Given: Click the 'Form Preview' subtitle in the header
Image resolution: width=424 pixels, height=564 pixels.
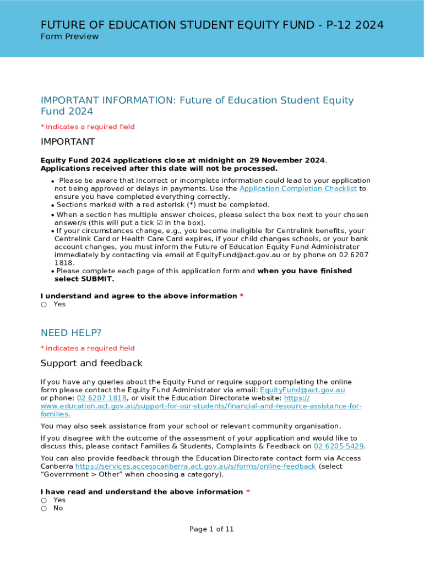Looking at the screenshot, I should point(69,37).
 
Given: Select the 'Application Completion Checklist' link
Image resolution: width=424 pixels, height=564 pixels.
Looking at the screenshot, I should point(298,189).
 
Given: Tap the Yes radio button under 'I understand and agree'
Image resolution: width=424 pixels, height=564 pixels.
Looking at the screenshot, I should point(44,305).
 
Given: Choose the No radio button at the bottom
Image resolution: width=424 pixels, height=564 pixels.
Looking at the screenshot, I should point(44,508).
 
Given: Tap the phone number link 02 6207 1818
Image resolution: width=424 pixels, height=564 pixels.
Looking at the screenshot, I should point(102,398).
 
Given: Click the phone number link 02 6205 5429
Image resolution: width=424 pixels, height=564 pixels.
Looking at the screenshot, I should point(339,446).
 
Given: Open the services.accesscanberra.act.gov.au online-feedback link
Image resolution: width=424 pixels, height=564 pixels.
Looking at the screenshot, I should point(195,467).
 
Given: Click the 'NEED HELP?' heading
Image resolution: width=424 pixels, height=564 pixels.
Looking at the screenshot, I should point(71,333).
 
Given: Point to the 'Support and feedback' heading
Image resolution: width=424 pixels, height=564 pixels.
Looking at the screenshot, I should point(91,363).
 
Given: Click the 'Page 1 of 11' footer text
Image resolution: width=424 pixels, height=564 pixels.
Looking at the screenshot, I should point(211,529).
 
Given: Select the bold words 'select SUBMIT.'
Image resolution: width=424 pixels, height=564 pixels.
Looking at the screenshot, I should point(84,279).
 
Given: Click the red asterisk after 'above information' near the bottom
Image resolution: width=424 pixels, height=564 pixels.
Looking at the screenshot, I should point(248,492).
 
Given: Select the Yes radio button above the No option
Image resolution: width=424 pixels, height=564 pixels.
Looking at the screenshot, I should point(44,500).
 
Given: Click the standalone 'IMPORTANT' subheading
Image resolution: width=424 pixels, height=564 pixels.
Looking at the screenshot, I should point(68,142).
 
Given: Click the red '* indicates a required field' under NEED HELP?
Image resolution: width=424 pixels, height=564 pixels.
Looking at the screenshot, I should point(88,348).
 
